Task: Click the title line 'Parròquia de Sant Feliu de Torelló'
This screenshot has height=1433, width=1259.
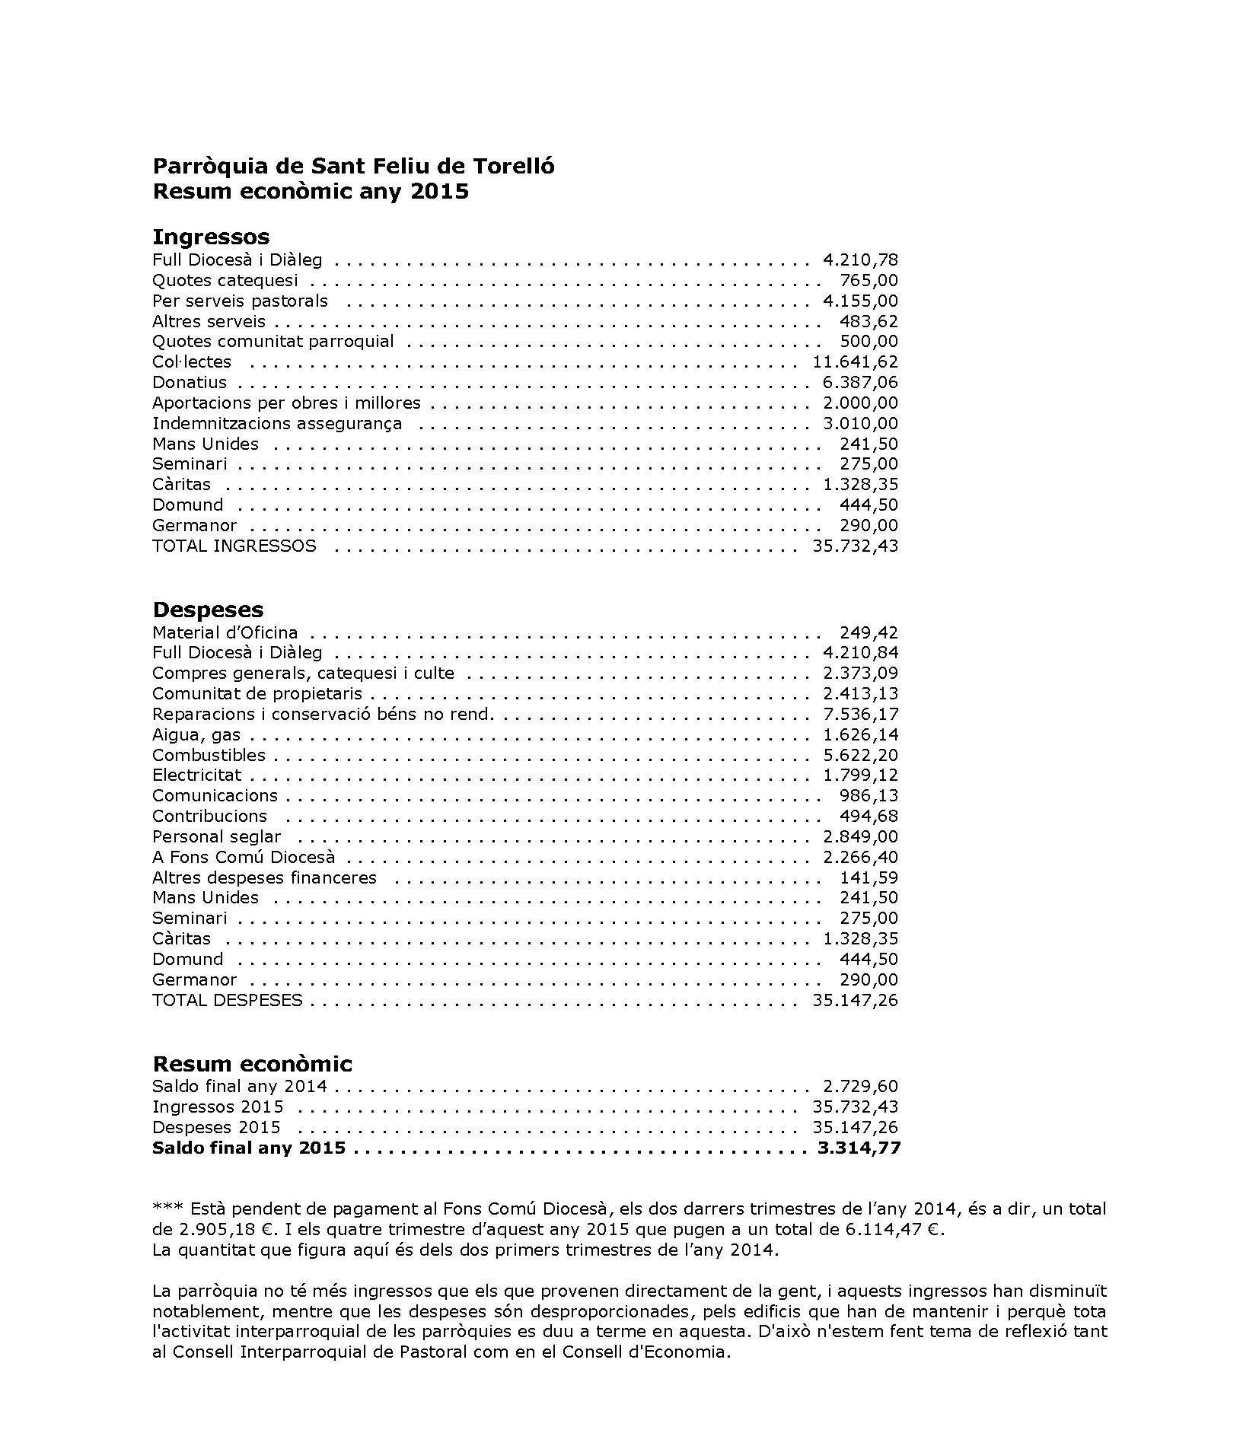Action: tap(353, 166)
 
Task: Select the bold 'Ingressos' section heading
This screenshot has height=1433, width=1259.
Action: tap(211, 236)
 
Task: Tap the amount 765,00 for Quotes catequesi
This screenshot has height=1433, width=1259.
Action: tap(869, 281)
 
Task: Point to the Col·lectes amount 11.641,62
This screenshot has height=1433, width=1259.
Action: tap(856, 362)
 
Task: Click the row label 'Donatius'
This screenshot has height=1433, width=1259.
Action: tap(190, 383)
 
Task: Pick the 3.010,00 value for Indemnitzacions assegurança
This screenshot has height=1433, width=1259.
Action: tap(860, 424)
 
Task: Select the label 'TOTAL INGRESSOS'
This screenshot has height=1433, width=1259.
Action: tap(234, 546)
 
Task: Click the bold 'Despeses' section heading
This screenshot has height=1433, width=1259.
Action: tap(208, 609)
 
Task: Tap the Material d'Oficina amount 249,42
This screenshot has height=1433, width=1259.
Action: tap(869, 632)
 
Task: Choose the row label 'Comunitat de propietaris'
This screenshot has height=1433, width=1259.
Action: tap(257, 694)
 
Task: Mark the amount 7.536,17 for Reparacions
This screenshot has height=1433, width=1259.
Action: tap(860, 715)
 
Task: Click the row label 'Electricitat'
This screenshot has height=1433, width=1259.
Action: tap(196, 775)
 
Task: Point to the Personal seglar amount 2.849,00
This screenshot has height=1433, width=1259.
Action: tap(860, 837)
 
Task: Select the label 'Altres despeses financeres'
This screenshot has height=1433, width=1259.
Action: tap(264, 877)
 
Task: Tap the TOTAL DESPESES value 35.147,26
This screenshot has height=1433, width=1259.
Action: tap(855, 1000)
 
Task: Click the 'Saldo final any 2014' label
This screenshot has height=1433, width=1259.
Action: tap(240, 1086)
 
